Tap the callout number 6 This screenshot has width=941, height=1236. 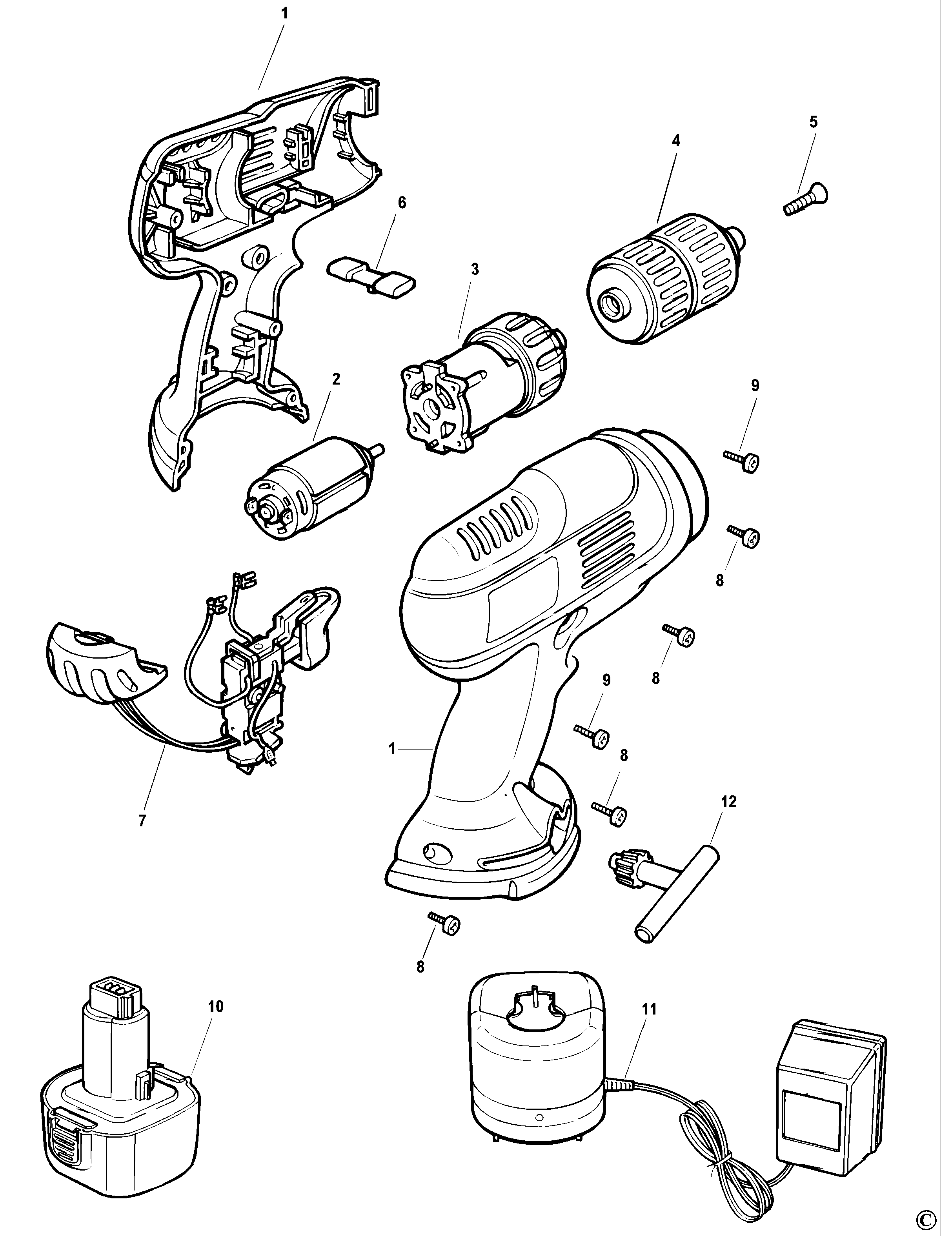[x=402, y=203]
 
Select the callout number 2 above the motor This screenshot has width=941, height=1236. [x=336, y=379]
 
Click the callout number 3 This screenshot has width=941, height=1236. [x=475, y=269]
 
